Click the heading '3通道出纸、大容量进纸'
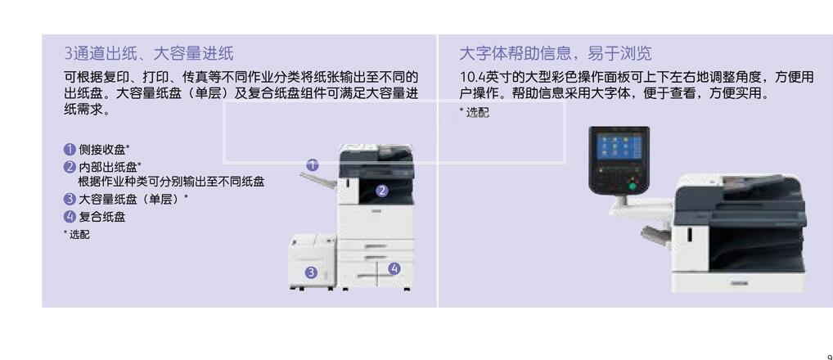pyautogui.click(x=149, y=54)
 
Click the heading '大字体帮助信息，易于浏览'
pyautogui.click(x=556, y=54)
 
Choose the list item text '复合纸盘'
pyautogui.click(x=102, y=217)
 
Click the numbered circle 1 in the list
pyautogui.click(x=70, y=149)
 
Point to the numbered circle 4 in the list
pyautogui.click(x=70, y=217)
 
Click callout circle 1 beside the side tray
pyautogui.click(x=312, y=164)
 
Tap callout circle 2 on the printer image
pyautogui.click(x=381, y=191)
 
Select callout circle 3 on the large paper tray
pyautogui.click(x=311, y=272)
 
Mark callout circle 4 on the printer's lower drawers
pyautogui.click(x=394, y=268)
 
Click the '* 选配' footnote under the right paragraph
pyautogui.click(x=474, y=113)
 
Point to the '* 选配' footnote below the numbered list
pyautogui.click(x=77, y=235)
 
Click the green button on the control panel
pyautogui.click(x=631, y=187)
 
